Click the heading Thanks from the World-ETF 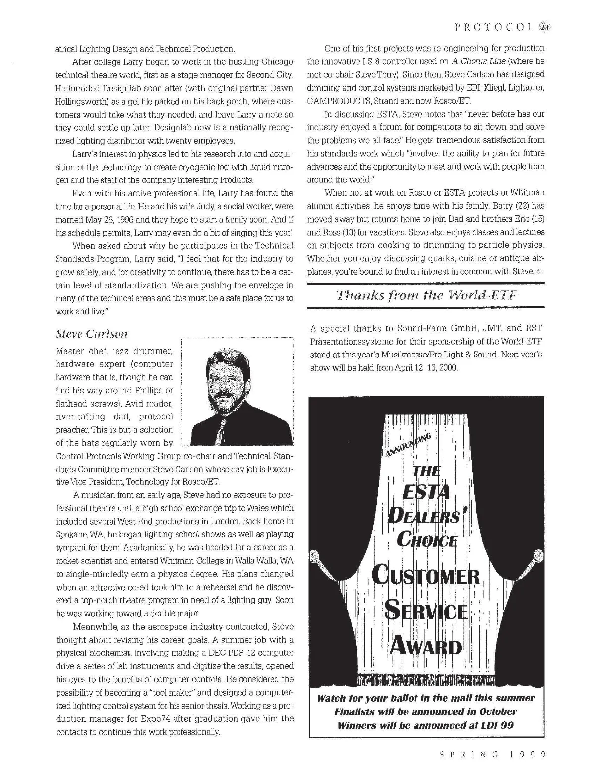tap(426, 295)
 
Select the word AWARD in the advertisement tap(425, 647)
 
